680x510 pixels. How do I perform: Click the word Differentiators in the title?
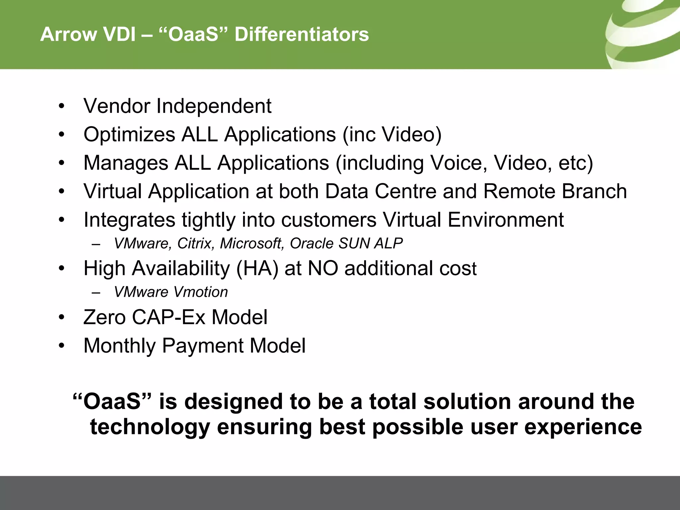pyautogui.click(x=301, y=35)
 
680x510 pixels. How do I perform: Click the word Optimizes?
pyautogui.click(x=129, y=135)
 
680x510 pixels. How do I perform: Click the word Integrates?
pyautogui.click(x=129, y=220)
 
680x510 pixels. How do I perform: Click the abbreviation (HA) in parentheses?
pyautogui.click(x=257, y=268)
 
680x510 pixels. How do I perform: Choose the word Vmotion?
pyautogui.click(x=200, y=292)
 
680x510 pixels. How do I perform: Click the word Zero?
pyautogui.click(x=104, y=317)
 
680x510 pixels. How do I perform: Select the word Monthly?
pyautogui.click(x=119, y=346)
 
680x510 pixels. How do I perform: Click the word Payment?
pyautogui.click(x=202, y=346)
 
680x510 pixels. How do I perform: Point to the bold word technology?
pyautogui.click(x=150, y=428)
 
